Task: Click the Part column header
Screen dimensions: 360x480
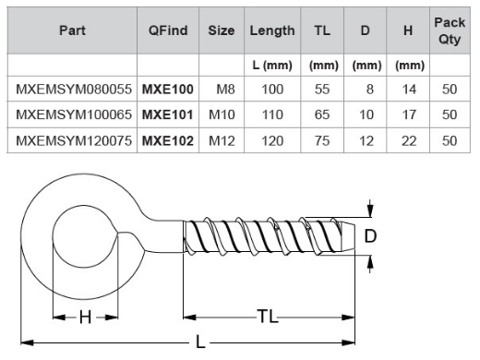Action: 73,30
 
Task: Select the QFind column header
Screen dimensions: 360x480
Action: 168,30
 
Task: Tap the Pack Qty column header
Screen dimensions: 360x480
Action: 450,30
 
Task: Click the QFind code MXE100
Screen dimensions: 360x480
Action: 167,90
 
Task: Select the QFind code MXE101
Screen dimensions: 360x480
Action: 167,115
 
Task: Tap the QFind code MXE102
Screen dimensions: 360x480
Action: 167,140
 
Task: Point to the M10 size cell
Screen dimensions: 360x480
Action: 222,115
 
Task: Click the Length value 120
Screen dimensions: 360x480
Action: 272,140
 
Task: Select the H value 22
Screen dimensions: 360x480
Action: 408,140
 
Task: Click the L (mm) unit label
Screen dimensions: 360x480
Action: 271,66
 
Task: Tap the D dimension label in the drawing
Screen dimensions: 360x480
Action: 370,236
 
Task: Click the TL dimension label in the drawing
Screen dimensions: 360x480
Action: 268,317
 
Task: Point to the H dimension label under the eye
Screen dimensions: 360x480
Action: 85,317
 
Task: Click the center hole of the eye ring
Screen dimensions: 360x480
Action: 85,237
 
